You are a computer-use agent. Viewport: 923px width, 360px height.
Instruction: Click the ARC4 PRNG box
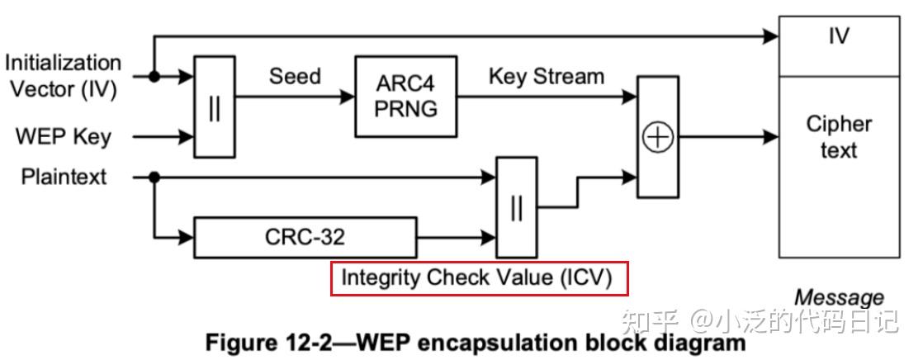405,97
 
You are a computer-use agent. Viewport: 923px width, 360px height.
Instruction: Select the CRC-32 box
305,238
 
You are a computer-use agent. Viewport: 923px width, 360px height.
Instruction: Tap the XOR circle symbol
657,137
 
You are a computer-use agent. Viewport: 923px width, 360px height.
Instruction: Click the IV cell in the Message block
839,46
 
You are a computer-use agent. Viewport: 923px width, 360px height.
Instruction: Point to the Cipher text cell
839,167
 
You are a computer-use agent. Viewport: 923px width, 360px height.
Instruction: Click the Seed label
295,76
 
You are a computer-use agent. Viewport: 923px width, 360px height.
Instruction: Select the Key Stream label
547,76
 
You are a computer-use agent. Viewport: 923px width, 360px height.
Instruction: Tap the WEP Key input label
64,137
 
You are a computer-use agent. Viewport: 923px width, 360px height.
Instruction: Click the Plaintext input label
64,177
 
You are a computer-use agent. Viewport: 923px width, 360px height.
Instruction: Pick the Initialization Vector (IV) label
64,76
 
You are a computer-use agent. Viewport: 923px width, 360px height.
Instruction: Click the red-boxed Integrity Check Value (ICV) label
477,278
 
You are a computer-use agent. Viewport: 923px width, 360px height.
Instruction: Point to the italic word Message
839,297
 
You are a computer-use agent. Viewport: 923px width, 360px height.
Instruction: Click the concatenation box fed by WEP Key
215,107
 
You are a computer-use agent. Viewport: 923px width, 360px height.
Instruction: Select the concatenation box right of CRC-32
516,207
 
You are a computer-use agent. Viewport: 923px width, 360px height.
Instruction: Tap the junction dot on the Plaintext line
154,177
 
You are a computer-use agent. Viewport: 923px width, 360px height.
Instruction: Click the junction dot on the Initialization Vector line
154,76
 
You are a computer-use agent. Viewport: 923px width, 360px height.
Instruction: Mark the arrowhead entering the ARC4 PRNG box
348,97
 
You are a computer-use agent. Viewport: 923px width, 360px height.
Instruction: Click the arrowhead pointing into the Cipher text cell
771,137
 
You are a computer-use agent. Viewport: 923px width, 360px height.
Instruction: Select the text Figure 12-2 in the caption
270,343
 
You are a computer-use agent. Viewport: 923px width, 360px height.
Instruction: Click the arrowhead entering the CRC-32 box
186,238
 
